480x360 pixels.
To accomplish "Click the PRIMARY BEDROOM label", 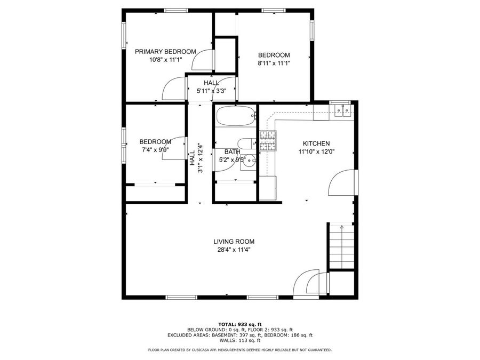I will [x=165, y=52].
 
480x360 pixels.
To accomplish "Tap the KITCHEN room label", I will [x=316, y=143].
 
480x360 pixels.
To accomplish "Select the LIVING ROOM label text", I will [x=234, y=241].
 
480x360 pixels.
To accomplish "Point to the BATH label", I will [x=231, y=152].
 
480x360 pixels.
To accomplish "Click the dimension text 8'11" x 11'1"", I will [x=274, y=63].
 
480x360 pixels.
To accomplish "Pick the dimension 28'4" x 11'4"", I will [x=234, y=249].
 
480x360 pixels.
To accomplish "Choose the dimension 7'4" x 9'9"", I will [x=155, y=150].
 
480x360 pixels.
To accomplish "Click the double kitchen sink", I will [x=342, y=111].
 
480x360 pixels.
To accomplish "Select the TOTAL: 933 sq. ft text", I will [x=239, y=324].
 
